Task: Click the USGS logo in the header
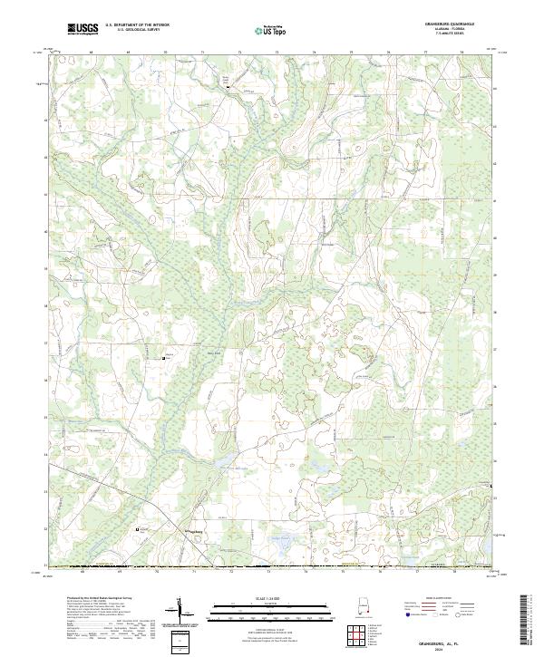pos(83,30)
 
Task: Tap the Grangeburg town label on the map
pos(197,531)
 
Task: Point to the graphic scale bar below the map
pos(271,608)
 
